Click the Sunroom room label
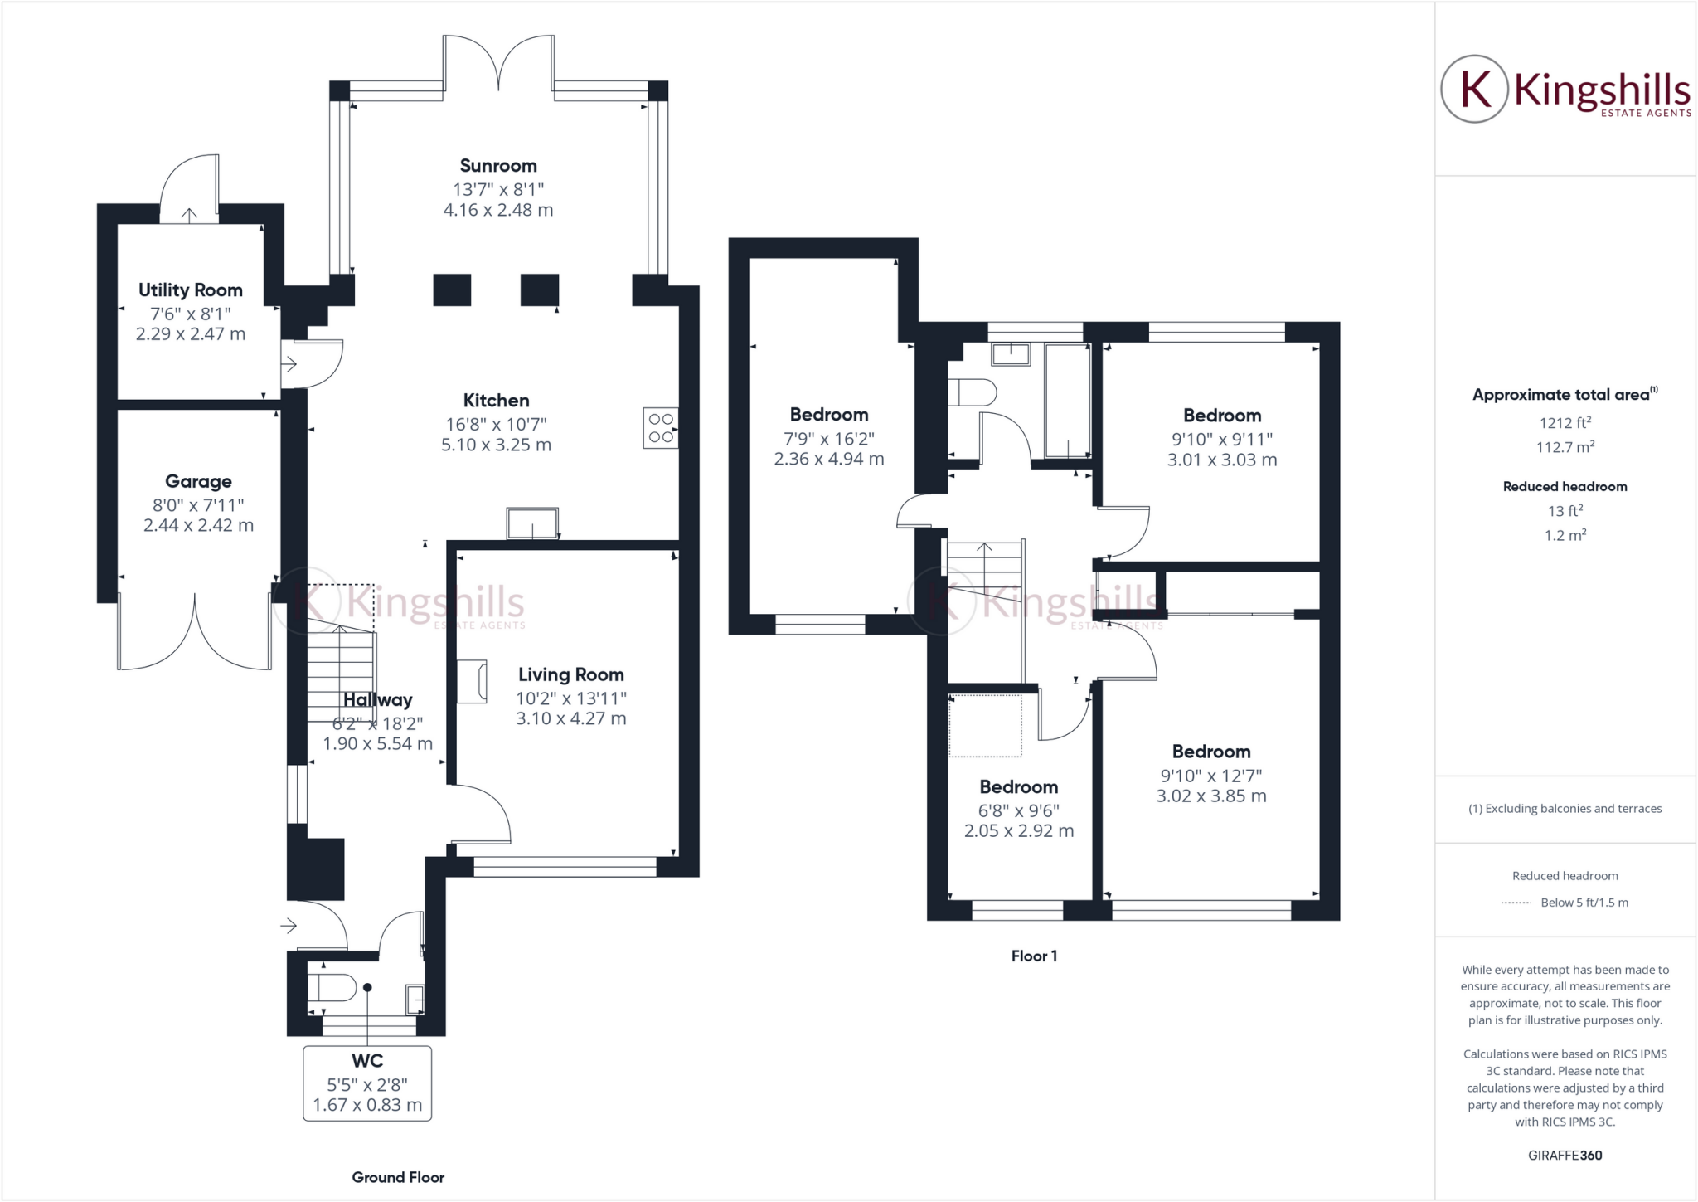click(498, 166)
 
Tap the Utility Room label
click(191, 290)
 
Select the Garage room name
click(198, 481)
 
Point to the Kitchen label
click(496, 401)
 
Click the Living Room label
click(570, 675)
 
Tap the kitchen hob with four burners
click(661, 428)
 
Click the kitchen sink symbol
click(532, 523)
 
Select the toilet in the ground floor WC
click(332, 988)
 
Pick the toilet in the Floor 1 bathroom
click(972, 392)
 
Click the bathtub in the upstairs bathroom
click(1067, 401)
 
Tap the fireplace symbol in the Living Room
click(472, 681)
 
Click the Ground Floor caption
click(398, 1177)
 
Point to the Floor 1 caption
click(1034, 956)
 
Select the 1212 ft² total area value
click(1565, 422)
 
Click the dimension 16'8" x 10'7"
click(496, 424)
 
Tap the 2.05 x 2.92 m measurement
click(1019, 830)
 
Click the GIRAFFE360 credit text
click(1565, 1155)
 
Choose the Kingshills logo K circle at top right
click(1475, 89)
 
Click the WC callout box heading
click(367, 1061)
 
